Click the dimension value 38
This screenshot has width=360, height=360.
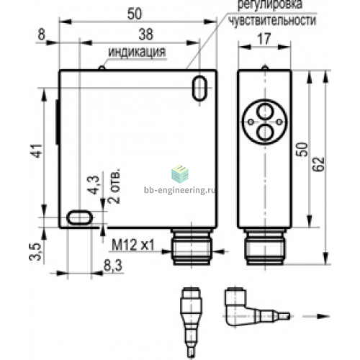point(145,35)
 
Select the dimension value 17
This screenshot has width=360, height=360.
point(264,39)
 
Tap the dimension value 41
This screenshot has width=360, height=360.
point(37,150)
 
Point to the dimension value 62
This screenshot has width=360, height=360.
point(319,164)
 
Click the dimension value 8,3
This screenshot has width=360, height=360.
point(113,266)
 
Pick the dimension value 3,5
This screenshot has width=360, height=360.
point(35,252)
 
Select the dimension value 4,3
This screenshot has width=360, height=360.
point(93,185)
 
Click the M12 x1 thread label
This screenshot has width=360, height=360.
point(133,245)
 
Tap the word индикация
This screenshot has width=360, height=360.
point(137,52)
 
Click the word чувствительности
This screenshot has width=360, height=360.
point(272,20)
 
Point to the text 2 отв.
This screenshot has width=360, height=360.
point(114,186)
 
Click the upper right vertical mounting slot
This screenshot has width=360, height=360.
point(199,88)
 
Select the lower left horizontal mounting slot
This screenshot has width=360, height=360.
point(79,217)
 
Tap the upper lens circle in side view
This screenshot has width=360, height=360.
point(265,112)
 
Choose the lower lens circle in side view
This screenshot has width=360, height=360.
point(265,132)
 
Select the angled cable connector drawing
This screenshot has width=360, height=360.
point(257,307)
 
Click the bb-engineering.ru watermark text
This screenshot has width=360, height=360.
point(180,190)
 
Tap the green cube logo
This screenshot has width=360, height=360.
point(180,174)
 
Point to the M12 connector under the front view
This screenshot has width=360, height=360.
point(192,246)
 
